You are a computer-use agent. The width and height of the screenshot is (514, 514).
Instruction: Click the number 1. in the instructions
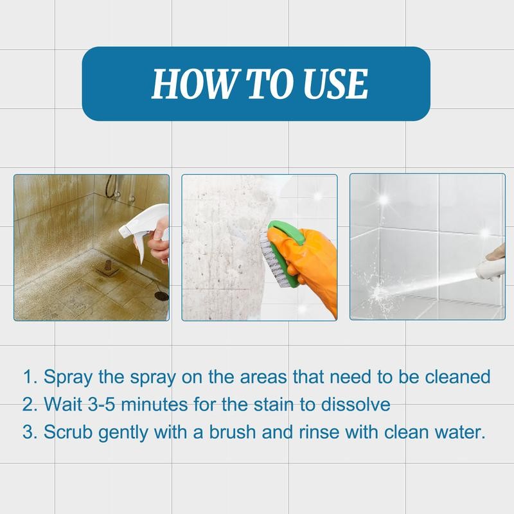pyautogui.click(x=30, y=377)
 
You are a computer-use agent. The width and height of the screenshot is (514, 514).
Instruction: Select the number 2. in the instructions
pyautogui.click(x=30, y=404)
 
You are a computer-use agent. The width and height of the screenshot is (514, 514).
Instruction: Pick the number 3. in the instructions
pyautogui.click(x=30, y=432)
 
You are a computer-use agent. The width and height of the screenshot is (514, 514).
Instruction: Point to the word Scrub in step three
pyautogui.click(x=68, y=432)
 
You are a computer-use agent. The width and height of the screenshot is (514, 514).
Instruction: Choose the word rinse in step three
pyautogui.click(x=320, y=432)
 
